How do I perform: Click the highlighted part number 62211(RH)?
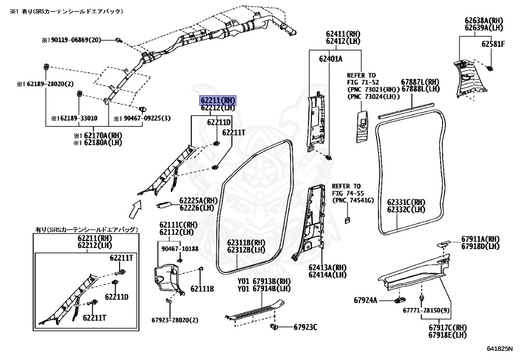pyautogui.click(x=217, y=100)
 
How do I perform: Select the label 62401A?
pyautogui.click(x=331, y=59)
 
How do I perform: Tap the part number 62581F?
pyautogui.click(x=493, y=44)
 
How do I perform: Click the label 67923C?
pyautogui.click(x=304, y=326)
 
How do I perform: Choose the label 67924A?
pyautogui.click(x=366, y=300)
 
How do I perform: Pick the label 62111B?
pyautogui.click(x=202, y=289)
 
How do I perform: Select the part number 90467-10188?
pyautogui.click(x=180, y=248)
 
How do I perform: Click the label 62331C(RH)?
pyautogui.click(x=406, y=202)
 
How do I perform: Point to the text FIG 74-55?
pyautogui.click(x=346, y=193)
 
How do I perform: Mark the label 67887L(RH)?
pyautogui.click(x=420, y=81)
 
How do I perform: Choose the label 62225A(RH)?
pyautogui.click(x=198, y=201)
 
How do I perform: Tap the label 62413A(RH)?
pyautogui.click(x=327, y=267)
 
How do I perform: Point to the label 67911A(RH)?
pyautogui.click(x=480, y=239)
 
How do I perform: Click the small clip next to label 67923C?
pyautogui.click(x=274, y=326)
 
